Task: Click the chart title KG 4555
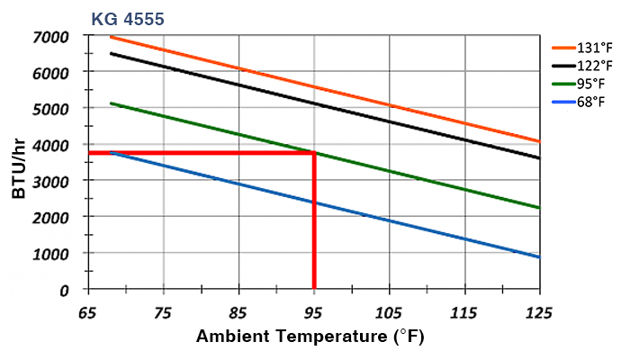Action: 126,17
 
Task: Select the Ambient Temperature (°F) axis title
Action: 310,339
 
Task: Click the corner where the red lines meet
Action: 314,153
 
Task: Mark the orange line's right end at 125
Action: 539,141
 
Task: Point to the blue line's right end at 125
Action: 539,257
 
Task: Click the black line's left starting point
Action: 111,53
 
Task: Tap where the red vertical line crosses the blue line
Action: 314,202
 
